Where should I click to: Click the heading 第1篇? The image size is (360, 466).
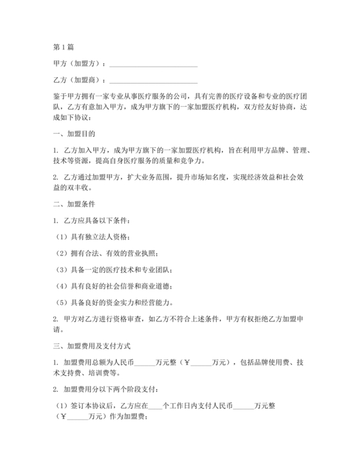coord(64,48)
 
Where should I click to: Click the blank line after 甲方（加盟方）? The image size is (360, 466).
coord(154,64)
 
